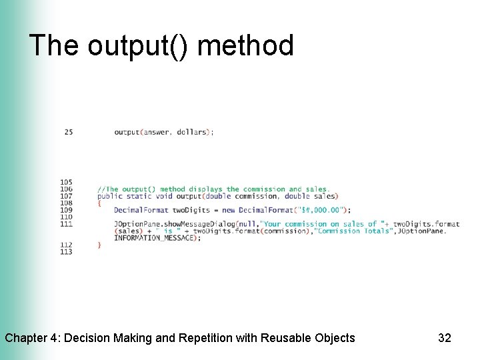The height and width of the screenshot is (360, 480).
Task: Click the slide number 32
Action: pos(444,338)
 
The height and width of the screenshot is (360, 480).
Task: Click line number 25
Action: pos(69,132)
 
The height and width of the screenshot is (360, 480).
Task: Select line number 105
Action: pos(66,182)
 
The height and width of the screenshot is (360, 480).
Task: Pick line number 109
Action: pos(66,210)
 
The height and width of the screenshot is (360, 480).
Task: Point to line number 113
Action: pos(66,252)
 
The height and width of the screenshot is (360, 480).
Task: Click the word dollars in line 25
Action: pos(192,132)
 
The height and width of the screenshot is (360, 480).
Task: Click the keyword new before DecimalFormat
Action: pos(229,210)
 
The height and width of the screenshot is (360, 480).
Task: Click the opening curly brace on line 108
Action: pos(99,203)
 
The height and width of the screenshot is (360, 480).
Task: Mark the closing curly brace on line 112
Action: pos(99,245)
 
